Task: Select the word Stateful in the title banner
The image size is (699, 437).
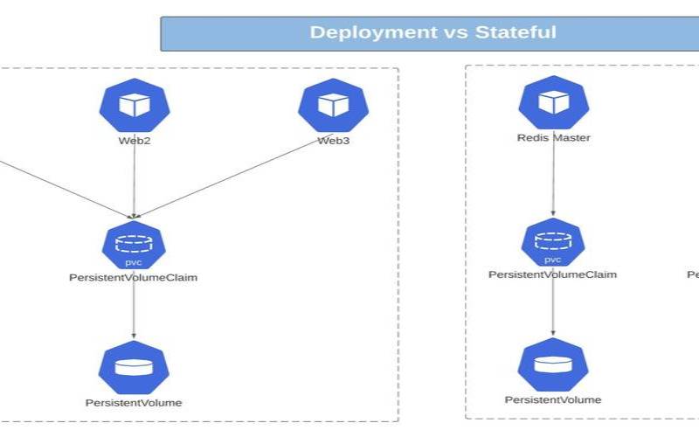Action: (516, 33)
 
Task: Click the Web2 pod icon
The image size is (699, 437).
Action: (135, 105)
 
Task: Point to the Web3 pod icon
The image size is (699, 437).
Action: (332, 105)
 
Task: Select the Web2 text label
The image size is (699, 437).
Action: (135, 140)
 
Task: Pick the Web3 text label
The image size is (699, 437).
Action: (333, 140)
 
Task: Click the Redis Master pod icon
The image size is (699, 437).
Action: (552, 102)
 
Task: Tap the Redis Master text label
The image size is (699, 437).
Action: (553, 137)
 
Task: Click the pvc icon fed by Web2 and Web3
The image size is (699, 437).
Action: (134, 245)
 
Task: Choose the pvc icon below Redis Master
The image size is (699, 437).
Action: (552, 242)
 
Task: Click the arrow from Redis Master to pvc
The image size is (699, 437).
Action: (552, 179)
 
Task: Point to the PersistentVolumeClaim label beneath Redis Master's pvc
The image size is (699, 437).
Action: (552, 274)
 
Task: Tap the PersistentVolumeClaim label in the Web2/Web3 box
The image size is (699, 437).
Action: (134, 278)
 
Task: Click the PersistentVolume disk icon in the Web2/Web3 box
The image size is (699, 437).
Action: (134, 367)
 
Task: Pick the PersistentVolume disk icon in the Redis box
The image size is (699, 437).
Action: (552, 364)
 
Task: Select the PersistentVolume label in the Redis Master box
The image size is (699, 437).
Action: (552, 399)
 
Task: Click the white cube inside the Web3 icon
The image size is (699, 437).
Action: (332, 105)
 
